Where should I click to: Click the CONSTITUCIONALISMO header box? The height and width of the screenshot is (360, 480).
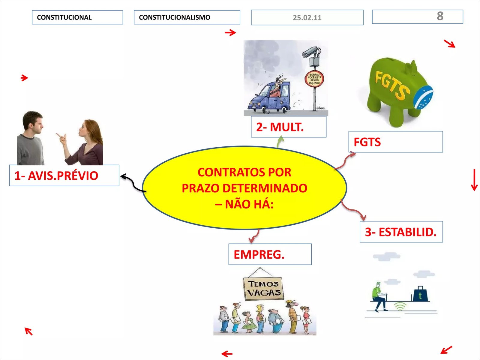(187, 17)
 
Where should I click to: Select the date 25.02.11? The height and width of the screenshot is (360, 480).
(307, 17)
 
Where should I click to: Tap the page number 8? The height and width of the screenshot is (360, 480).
(440, 16)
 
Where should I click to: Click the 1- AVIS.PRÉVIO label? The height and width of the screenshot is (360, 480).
(64, 175)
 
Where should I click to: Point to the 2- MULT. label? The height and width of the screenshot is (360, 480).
(289, 127)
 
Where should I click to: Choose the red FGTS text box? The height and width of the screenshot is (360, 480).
(396, 142)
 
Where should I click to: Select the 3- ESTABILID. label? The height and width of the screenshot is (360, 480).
(401, 232)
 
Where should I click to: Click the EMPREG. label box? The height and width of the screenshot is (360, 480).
(270, 254)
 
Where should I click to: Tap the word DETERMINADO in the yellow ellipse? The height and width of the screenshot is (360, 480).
(265, 188)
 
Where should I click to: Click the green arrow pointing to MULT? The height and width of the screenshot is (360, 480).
(280, 142)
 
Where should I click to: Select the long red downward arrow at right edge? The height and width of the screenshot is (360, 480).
(474, 180)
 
